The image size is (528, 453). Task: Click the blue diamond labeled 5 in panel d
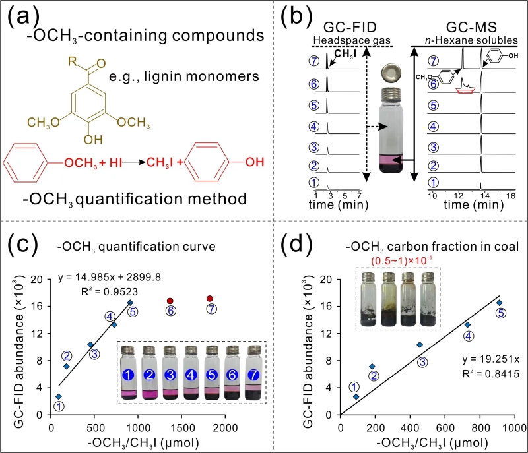(x=499, y=303)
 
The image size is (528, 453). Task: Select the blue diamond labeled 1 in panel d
(x=356, y=396)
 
